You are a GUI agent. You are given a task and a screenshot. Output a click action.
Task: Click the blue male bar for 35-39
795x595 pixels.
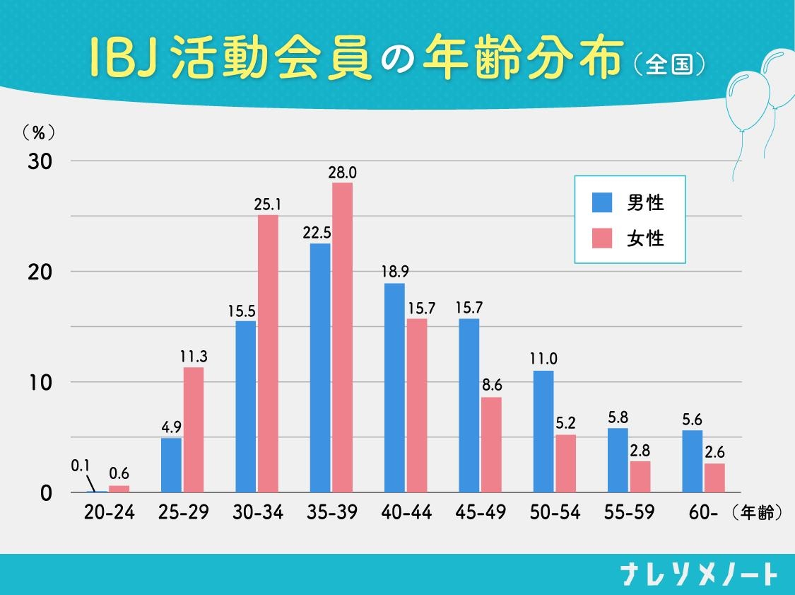[x=320, y=368]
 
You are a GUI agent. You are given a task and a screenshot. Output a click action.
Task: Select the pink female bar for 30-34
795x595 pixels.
[x=268, y=354]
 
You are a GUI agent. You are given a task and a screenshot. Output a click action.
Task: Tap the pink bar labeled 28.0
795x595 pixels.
[x=343, y=337]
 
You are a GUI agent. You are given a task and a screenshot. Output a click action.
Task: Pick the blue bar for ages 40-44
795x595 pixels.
[x=394, y=388]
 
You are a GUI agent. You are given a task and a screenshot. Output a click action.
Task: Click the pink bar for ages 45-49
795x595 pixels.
[x=491, y=444]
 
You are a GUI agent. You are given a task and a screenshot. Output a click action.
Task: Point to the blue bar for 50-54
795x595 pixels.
[x=543, y=432]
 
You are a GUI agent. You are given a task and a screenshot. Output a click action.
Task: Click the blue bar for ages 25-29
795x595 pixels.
[x=171, y=465]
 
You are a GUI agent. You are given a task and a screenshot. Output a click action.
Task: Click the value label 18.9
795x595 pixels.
[x=394, y=272]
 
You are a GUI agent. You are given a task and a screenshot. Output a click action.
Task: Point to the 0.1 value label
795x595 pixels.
[x=80, y=466]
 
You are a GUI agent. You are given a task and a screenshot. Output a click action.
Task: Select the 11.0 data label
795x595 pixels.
[x=543, y=359]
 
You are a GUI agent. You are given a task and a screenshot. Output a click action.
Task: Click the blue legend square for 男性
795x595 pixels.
[x=601, y=203]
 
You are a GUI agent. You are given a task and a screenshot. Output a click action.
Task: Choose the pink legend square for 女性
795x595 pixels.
[x=601, y=238]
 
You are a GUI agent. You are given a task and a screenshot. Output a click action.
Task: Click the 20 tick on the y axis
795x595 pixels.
[x=40, y=272]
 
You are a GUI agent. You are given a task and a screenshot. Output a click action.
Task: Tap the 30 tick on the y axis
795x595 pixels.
[x=40, y=161]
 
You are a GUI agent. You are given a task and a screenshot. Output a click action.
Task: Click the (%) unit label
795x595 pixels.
[x=39, y=132]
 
